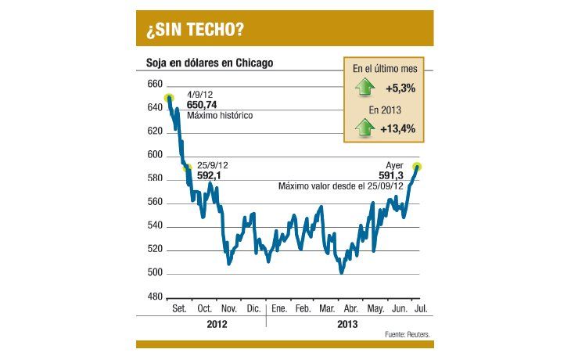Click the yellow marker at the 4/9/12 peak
pos(168,99)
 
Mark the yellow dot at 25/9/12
pos(186,167)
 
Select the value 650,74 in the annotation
pos(203,104)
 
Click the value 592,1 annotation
pos(210,176)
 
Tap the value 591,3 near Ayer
pos(390,176)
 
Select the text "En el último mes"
pos(384,69)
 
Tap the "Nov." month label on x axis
pos(229,309)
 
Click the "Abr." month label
pos(351,309)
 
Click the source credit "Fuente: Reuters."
pos(408,334)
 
